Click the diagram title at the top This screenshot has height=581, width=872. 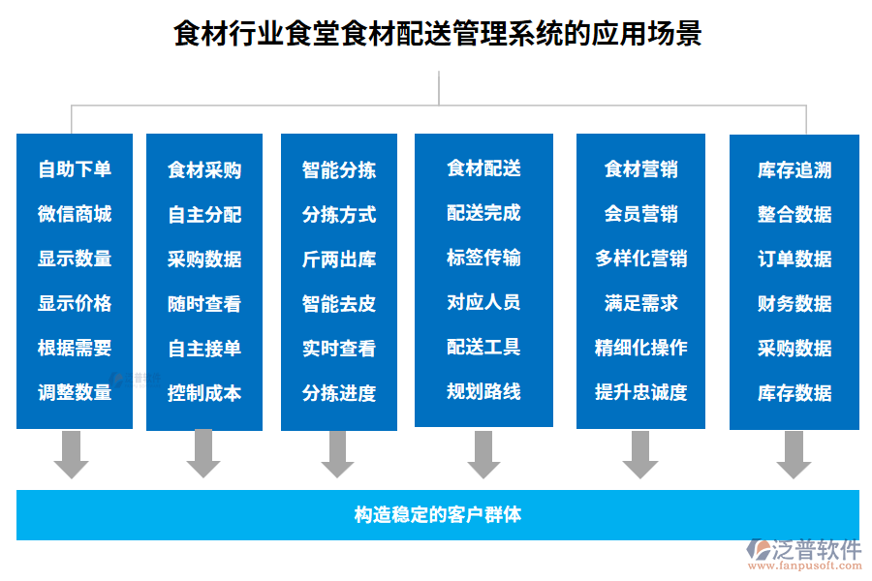coord(437,34)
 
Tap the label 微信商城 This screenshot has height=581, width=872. coord(75,214)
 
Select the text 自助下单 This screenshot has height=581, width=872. coord(75,169)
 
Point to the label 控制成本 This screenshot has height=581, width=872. coord(204,393)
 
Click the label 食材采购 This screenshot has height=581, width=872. coord(204,170)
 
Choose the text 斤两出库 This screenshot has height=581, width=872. coord(339,260)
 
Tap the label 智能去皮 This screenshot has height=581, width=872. coord(339,304)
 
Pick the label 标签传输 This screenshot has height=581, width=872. coord(483,258)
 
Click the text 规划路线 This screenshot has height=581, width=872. coord(483,391)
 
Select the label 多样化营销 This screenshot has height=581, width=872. coord(641,259)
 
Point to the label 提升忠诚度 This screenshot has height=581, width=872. coord(641,392)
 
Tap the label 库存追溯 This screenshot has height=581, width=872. coord(794,170)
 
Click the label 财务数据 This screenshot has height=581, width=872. coord(794,304)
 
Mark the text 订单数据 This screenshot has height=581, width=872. coord(794,260)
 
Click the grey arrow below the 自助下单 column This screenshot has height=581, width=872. coord(71,454)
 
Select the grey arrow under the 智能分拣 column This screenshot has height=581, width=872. coord(337,454)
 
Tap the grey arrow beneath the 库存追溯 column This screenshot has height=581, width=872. coord(794,454)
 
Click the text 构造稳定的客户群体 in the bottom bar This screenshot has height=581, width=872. coord(438,514)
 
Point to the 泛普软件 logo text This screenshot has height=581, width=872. coord(817,550)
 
